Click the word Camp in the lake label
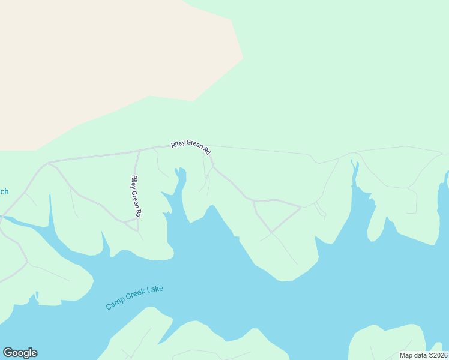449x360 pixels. [114, 305]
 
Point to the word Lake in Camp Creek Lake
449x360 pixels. [154, 290]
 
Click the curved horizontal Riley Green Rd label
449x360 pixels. [191, 146]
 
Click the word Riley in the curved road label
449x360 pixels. [178, 144]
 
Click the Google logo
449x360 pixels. [20, 353]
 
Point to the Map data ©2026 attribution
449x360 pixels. [423, 355]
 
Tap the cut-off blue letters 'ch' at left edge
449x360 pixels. [4, 192]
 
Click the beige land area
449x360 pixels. [90, 60]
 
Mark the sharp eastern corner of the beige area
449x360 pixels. [243, 58]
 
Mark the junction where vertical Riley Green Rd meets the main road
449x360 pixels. [139, 150]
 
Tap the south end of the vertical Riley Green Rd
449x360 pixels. [137, 230]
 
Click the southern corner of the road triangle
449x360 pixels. [271, 232]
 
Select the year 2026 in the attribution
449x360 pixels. [438, 355]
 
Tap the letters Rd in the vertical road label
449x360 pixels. [138, 212]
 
